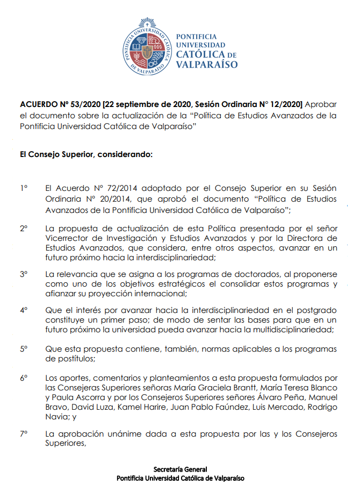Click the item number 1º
point(24,188)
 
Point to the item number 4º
point(24,310)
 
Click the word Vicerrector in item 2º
point(67,238)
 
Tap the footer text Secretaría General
point(180,469)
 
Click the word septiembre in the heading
point(138,104)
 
